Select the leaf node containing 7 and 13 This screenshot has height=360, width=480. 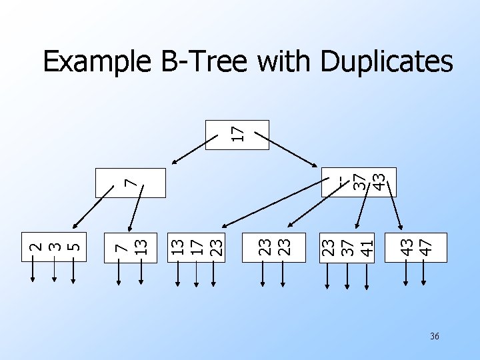(130, 246)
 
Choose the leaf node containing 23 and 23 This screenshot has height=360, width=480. (273, 246)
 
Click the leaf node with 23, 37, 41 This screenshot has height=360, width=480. (347, 246)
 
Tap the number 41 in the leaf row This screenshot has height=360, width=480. (365, 246)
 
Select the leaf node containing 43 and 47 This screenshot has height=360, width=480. (416, 246)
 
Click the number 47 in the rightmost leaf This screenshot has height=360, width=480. (425, 246)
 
